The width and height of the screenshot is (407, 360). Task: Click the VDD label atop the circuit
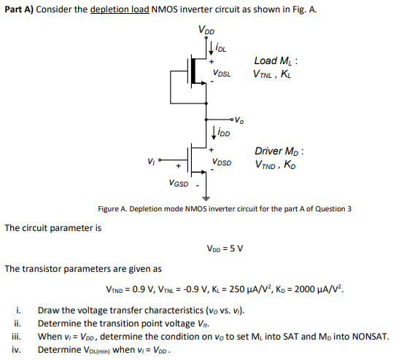206,31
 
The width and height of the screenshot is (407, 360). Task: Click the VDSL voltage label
222,74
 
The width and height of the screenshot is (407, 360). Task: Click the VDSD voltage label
222,162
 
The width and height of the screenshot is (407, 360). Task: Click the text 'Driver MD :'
279,151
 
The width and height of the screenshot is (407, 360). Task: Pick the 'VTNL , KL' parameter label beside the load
274,74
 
